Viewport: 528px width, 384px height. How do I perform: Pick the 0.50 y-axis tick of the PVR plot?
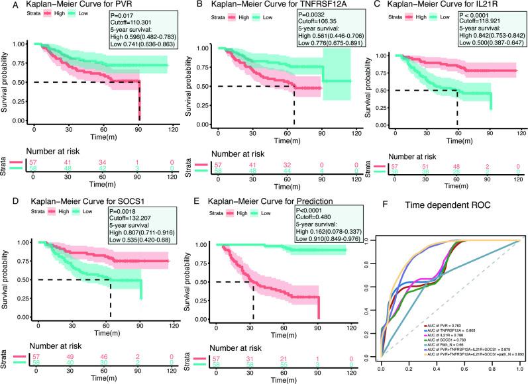[x=20, y=82]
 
